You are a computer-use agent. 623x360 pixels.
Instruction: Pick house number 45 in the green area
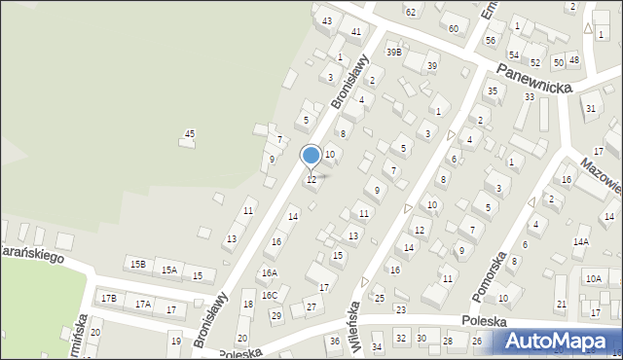(x=190, y=133)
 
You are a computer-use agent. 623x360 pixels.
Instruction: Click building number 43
(x=327, y=20)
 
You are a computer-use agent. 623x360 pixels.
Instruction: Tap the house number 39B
(x=393, y=52)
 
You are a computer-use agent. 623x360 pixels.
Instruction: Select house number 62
(x=411, y=11)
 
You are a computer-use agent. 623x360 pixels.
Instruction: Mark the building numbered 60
(x=453, y=28)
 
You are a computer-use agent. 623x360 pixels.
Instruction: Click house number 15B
(x=138, y=264)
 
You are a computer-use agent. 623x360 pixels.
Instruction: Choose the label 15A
(x=169, y=270)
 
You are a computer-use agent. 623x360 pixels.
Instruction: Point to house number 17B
(x=108, y=298)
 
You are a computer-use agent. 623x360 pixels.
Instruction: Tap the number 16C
(x=269, y=295)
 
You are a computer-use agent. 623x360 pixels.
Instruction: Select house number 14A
(x=581, y=241)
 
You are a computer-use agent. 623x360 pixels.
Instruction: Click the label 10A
(x=593, y=278)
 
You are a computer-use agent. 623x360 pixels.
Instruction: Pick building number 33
(x=530, y=97)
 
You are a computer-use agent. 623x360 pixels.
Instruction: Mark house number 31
(x=591, y=108)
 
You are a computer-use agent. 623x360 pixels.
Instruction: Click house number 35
(x=493, y=90)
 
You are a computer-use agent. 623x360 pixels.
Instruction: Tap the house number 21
(x=562, y=305)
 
